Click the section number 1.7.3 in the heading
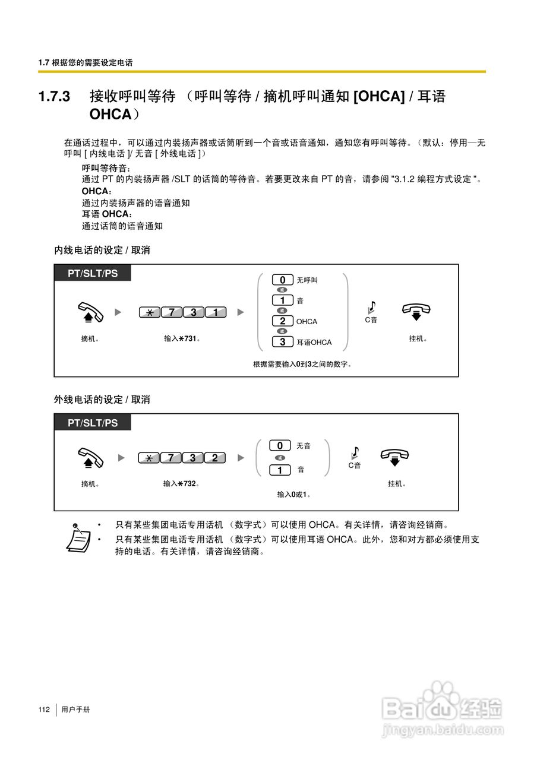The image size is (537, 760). point(55,96)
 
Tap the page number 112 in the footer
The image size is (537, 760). point(44,710)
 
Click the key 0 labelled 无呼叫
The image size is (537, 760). point(283,280)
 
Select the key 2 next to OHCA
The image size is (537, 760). point(283,321)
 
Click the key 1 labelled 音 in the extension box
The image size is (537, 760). point(283,300)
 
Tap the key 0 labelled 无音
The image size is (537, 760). point(280,445)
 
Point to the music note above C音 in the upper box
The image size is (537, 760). point(371,306)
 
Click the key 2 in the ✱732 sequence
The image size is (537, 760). point(214,458)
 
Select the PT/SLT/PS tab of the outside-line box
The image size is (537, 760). point(93,423)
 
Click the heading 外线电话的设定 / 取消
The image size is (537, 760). point(102,400)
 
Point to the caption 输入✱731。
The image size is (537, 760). point(182,339)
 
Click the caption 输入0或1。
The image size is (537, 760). point(294,494)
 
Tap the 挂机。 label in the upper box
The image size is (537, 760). point(418,339)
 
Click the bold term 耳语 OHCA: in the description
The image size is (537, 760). point(108,214)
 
